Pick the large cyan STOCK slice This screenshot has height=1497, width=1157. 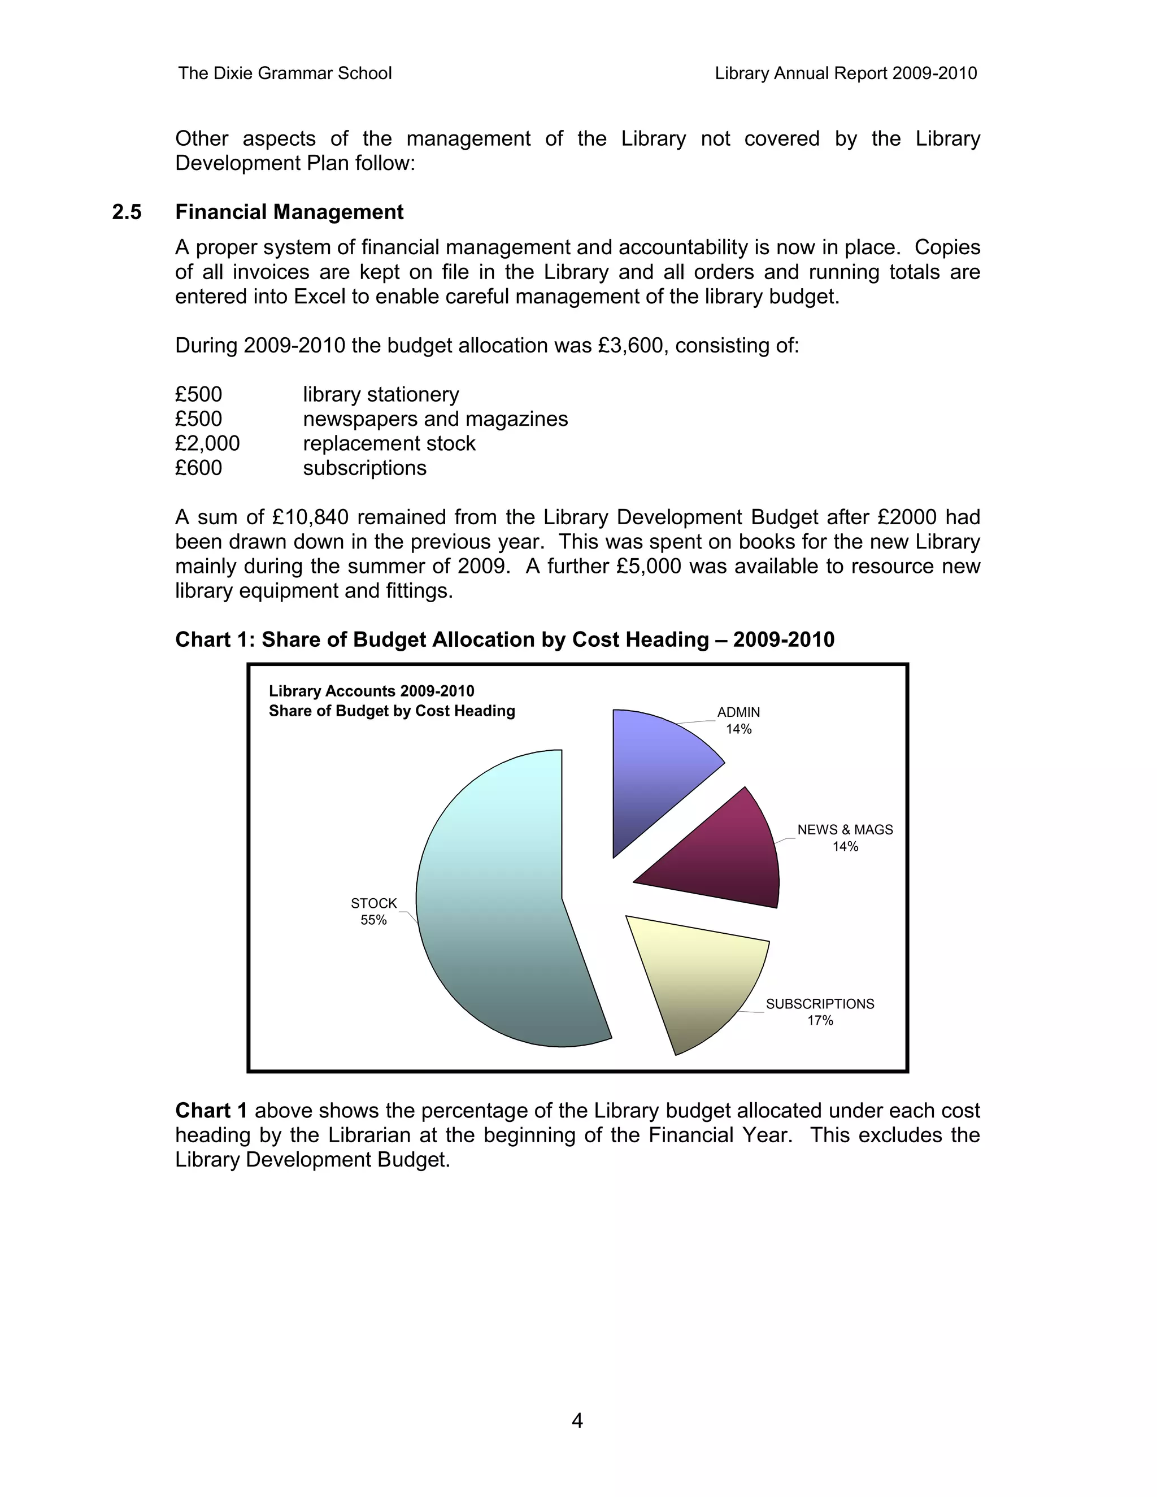click(x=501, y=912)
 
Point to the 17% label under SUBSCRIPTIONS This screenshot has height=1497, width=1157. click(x=820, y=1021)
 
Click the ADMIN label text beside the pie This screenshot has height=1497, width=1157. click(x=738, y=712)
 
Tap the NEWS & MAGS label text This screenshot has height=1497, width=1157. click(x=845, y=829)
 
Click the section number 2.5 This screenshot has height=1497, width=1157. click(x=127, y=212)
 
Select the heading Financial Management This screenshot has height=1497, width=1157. click(x=289, y=212)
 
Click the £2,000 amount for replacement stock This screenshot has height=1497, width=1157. click(x=207, y=443)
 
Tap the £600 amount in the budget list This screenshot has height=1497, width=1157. click(x=198, y=468)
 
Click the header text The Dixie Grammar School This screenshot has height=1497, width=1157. click(x=285, y=73)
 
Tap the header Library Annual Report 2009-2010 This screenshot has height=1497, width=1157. click(x=845, y=73)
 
